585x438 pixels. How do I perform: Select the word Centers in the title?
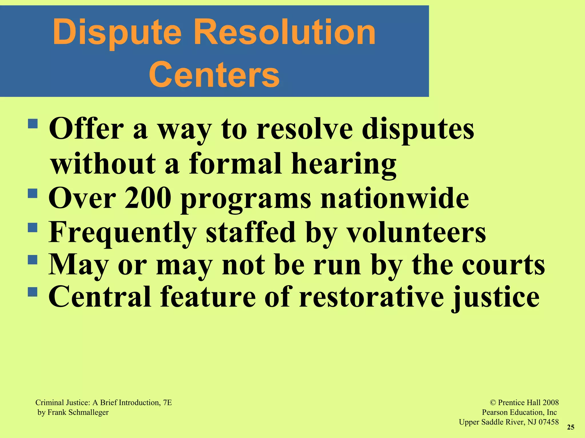[x=214, y=75]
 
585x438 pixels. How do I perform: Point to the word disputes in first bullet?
[x=418, y=130]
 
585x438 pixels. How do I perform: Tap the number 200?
[x=148, y=198]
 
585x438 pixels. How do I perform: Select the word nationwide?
[x=394, y=198]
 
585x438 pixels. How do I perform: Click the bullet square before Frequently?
[x=33, y=228]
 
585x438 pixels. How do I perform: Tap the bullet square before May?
[x=33, y=260]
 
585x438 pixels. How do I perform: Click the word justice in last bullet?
[x=496, y=298]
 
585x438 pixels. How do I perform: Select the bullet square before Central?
[x=33, y=292]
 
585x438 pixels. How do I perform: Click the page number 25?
[x=570, y=427]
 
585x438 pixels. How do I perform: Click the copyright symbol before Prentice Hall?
[x=493, y=403]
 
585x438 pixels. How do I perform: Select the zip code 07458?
[x=548, y=422]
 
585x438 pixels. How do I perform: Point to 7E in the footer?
[x=167, y=403]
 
